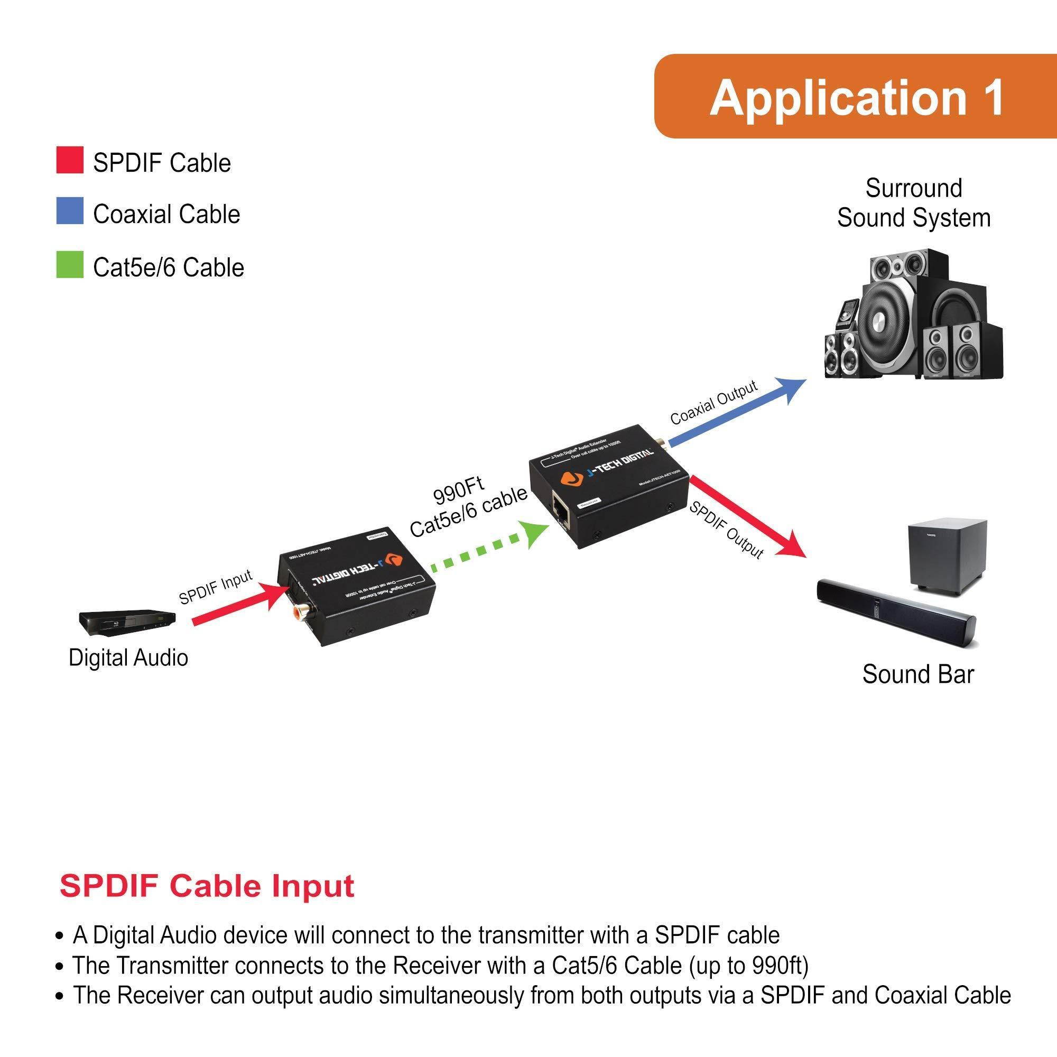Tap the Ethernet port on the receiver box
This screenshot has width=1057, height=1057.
pos(561,510)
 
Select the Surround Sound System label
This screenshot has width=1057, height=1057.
pos(913,203)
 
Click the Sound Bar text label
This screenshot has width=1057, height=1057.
pos(917,674)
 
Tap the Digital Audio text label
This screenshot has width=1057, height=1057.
pos(128,657)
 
